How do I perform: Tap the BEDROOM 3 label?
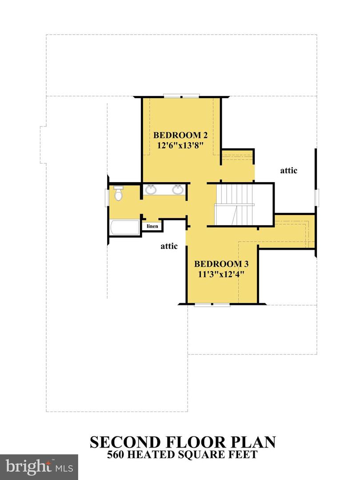pos(220,263)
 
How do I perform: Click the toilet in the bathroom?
pos(118,193)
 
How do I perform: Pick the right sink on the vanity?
pos(178,190)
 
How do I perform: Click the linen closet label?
pos(152,226)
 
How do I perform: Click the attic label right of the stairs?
pos(288,170)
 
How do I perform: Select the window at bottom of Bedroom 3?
pos(212,304)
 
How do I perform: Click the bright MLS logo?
pos(39,467)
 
